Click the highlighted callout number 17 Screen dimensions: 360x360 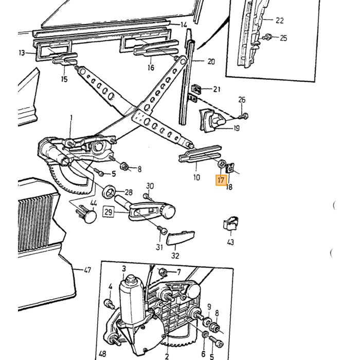[221, 180]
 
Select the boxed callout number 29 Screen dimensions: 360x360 [109, 212]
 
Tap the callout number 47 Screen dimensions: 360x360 [87, 270]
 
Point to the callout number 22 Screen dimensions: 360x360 [279, 21]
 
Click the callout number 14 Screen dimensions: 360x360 [184, 25]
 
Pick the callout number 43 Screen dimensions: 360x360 [230, 242]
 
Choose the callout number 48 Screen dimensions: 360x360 [102, 354]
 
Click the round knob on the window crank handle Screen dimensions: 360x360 [168, 210]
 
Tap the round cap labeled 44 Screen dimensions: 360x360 [90, 217]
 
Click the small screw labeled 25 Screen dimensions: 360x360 [268, 37]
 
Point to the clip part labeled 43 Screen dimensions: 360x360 [231, 223]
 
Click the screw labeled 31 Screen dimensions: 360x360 [163, 230]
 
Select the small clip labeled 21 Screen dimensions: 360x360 [196, 89]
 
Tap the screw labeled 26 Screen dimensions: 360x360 [244, 116]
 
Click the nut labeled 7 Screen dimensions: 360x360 [163, 272]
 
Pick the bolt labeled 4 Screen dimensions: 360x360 [110, 304]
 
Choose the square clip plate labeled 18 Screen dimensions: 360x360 [230, 168]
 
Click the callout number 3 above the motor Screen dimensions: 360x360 [124, 268]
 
